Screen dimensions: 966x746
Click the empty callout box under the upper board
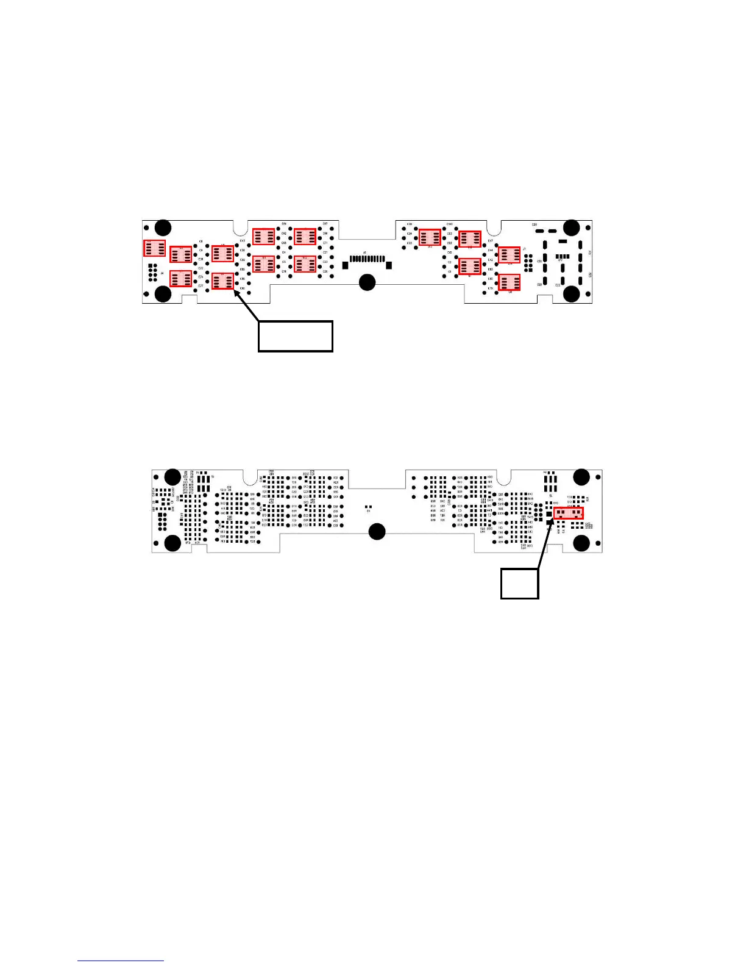[x=296, y=336]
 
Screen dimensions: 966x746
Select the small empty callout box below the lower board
[x=519, y=584]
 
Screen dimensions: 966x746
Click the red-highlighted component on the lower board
[x=569, y=513]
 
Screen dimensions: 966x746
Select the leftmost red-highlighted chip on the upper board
[x=154, y=248]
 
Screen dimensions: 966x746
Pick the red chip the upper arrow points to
[x=222, y=281]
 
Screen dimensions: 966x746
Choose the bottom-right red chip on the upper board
[x=509, y=282]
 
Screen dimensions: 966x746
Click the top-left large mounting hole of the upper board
[x=163, y=228]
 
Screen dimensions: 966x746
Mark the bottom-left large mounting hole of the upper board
[x=163, y=294]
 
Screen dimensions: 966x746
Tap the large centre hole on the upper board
[x=367, y=282]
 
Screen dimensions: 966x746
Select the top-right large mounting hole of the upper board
[x=571, y=228]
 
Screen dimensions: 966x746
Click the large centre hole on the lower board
[x=377, y=531]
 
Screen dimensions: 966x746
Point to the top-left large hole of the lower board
[x=173, y=477]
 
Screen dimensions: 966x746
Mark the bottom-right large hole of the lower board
[x=581, y=543]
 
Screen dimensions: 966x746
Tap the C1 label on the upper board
[x=450, y=271]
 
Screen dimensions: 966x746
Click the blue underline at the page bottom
[x=121, y=961]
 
